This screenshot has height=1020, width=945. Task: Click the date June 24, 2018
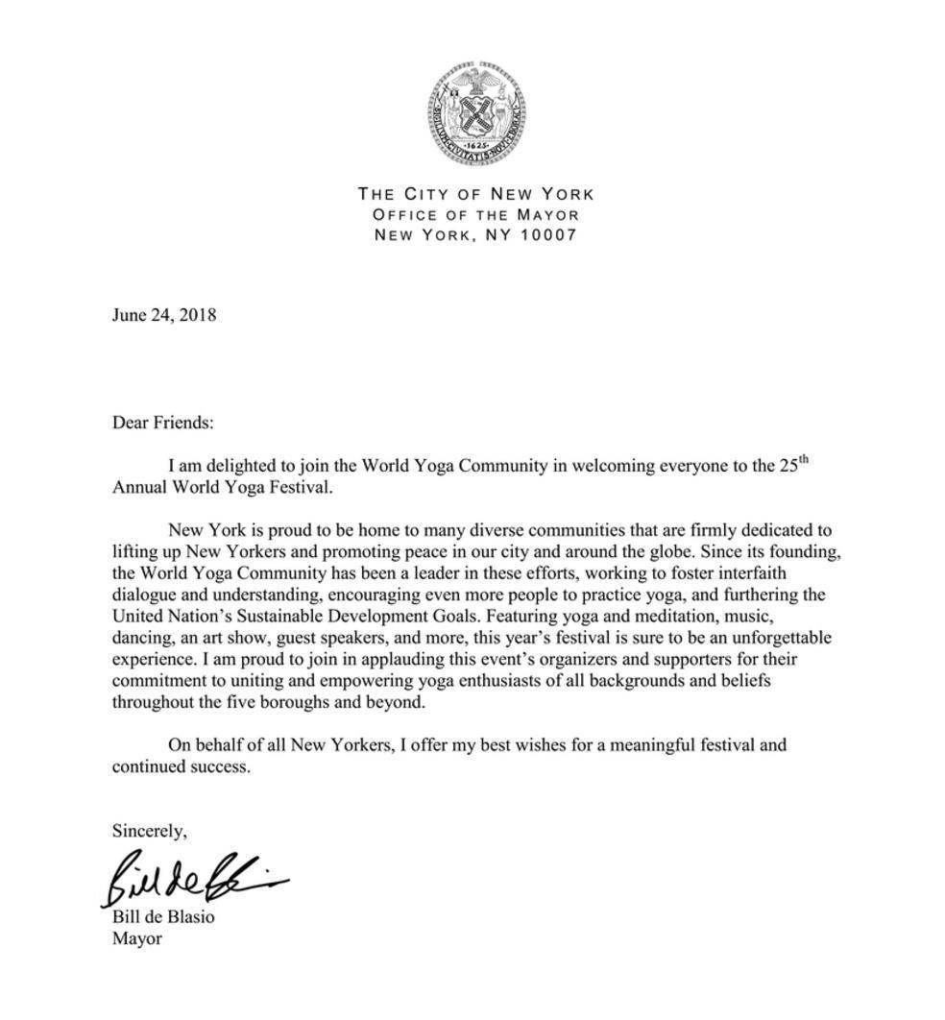tap(163, 315)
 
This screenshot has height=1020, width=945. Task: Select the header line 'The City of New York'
tap(475, 194)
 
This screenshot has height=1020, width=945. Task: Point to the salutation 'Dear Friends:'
tap(162, 422)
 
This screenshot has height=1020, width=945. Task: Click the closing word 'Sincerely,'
tap(149, 830)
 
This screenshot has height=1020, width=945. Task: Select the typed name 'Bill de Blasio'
tap(163, 916)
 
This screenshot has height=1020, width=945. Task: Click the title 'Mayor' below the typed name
tap(136, 938)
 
